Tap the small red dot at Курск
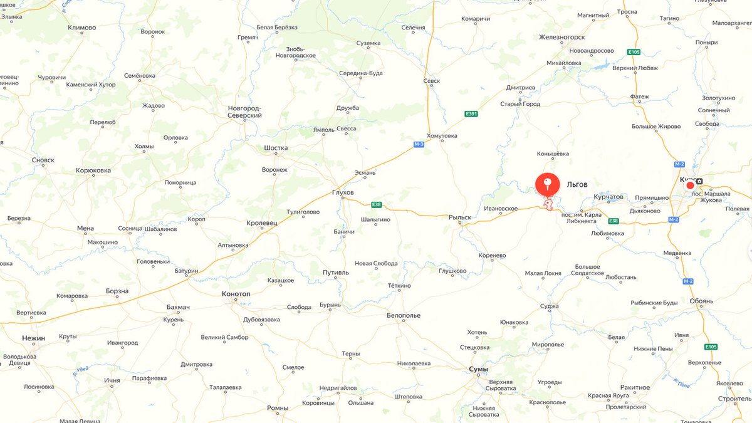690,185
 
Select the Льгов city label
577,185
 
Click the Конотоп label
236,293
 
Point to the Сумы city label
478,369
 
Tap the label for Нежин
33,338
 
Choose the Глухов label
343,192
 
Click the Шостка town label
276,149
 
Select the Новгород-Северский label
244,112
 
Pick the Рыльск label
459,217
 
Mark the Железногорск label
561,37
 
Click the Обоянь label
701,301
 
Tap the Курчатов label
608,197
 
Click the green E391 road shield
471,113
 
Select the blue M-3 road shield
419,145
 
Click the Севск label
431,81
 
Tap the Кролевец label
262,223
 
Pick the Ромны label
277,408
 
